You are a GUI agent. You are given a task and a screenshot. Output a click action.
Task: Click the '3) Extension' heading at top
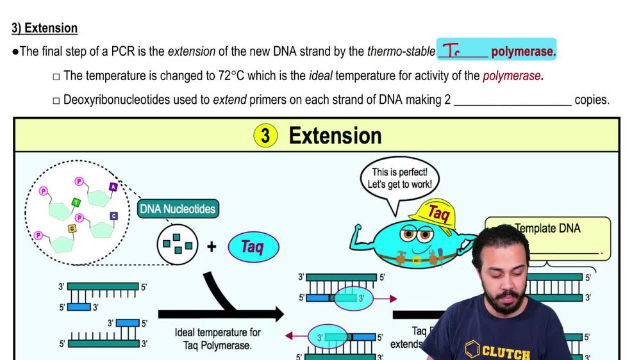coord(44,28)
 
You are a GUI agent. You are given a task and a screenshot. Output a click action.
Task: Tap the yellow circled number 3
coord(266,136)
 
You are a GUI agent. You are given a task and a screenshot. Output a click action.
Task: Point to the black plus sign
coord(211,246)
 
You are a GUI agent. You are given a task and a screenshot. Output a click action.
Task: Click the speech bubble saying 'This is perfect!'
coord(398,179)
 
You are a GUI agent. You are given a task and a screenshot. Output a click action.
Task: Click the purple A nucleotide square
coord(113,186)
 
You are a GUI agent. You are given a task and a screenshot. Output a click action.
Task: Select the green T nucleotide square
coord(76,202)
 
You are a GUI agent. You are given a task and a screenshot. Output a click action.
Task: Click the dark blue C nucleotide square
coord(114,216)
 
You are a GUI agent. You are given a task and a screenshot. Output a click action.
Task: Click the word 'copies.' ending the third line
coord(592,101)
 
